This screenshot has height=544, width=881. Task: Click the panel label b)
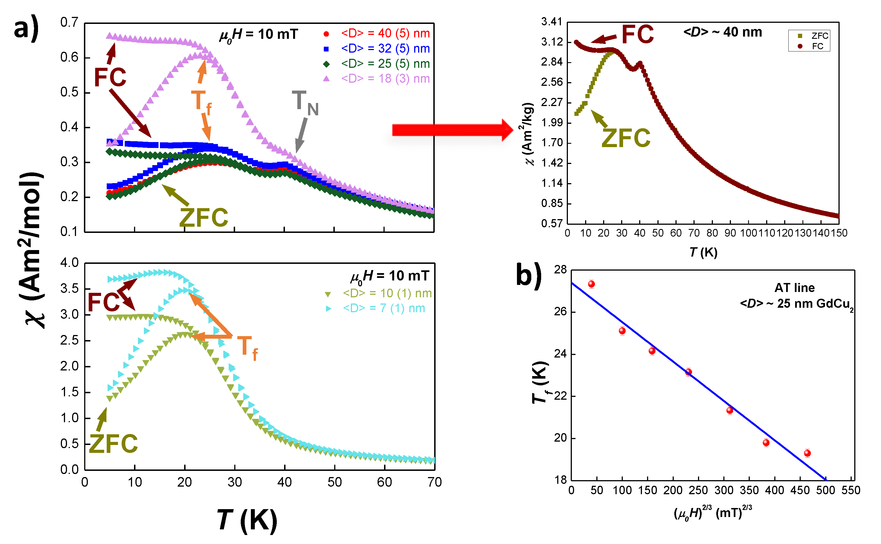tap(528, 275)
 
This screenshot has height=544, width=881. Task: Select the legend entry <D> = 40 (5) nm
tap(385, 33)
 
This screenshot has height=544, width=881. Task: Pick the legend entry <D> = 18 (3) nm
tap(385, 78)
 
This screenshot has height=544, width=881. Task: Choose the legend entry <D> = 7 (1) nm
tap(383, 308)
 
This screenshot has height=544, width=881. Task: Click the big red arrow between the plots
tap(452, 130)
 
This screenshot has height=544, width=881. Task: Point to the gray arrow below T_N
tap(301, 135)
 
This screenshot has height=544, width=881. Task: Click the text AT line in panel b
tap(794, 288)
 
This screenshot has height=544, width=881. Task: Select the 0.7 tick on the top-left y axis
tap(69, 22)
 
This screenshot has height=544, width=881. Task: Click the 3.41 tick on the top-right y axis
tap(551, 22)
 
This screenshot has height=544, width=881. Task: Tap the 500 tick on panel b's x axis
tap(825, 490)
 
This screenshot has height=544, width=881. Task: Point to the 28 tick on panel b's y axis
tap(560, 270)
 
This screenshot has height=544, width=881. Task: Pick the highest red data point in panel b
tap(591, 284)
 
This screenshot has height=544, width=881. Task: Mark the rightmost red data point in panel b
tap(807, 453)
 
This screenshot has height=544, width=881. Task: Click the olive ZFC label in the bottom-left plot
tap(113, 443)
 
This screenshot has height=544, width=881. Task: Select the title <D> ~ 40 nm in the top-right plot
tap(722, 32)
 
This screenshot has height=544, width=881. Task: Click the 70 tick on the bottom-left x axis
tap(434, 482)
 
